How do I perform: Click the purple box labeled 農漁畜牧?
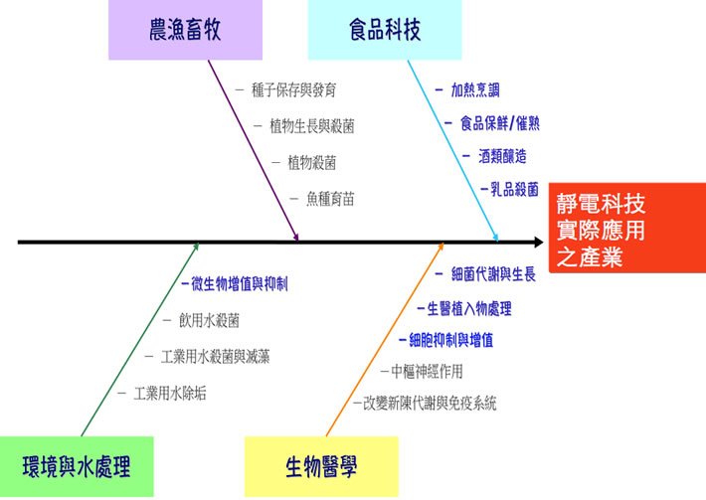(185, 30)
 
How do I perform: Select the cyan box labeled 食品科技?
(385, 30)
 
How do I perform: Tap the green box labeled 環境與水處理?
(77, 465)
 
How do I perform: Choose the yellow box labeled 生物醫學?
(321, 465)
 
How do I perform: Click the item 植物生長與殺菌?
(311, 126)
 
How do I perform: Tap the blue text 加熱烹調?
(477, 89)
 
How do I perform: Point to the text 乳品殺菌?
(513, 189)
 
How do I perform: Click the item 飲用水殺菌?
(209, 320)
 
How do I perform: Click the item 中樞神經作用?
(427, 372)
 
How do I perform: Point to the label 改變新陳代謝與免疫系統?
(430, 404)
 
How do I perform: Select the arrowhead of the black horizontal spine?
(538, 242)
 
